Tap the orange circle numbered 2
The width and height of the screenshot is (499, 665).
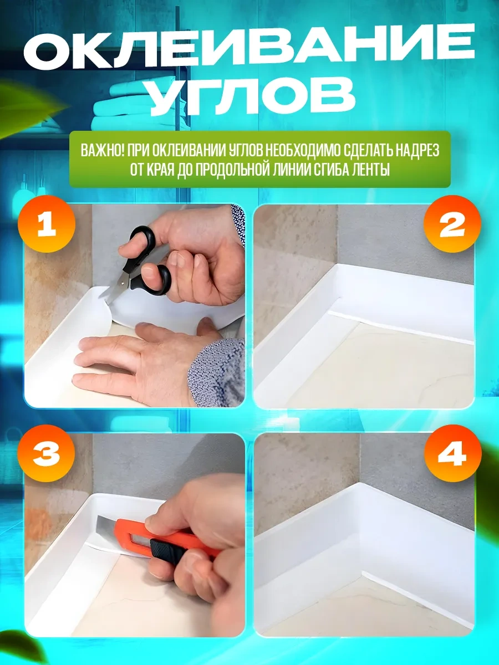click(451, 226)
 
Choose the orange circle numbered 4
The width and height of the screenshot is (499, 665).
click(451, 456)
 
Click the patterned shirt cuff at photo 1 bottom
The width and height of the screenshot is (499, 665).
click(216, 371)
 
